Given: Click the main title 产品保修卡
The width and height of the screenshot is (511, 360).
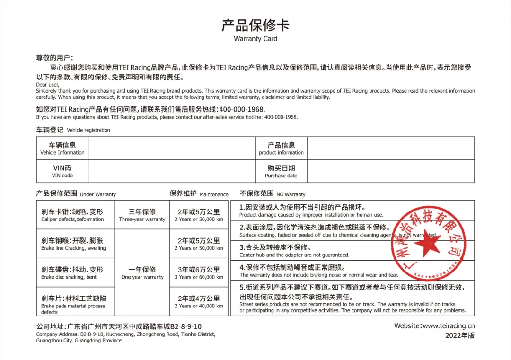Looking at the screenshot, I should pyautogui.click(x=255, y=25).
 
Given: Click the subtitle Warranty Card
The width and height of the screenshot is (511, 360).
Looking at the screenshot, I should pyautogui.click(x=255, y=39).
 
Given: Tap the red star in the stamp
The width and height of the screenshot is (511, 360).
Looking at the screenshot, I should pyautogui.click(x=427, y=244).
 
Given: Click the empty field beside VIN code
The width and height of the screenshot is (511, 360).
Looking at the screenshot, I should pyautogui.click(x=171, y=171).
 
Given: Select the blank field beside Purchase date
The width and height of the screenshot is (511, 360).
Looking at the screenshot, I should pyautogui.click(x=390, y=171).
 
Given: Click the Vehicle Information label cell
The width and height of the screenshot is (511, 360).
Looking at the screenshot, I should pyautogui.click(x=62, y=149).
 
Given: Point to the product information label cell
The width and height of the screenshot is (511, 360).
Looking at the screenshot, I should pyautogui.click(x=281, y=149).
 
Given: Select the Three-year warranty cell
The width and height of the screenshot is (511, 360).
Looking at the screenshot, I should pyautogui.click(x=142, y=215).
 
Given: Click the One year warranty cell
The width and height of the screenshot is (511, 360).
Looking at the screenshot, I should pyautogui.click(x=142, y=272).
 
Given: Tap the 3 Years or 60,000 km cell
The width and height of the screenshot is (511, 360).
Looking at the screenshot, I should pyautogui.click(x=199, y=272).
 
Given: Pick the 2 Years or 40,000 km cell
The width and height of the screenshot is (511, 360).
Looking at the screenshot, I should pyautogui.click(x=199, y=301).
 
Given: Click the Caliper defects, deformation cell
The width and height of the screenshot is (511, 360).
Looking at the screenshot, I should pyautogui.click(x=75, y=215).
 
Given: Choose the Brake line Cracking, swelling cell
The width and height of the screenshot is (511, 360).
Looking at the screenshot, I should pyautogui.click(x=75, y=244).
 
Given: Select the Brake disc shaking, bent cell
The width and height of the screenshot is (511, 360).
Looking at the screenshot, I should pyautogui.click(x=75, y=272).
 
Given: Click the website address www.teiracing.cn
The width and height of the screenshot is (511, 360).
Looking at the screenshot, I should pyautogui.click(x=434, y=325).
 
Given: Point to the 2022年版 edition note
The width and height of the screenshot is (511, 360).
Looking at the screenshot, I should pyautogui.click(x=459, y=335).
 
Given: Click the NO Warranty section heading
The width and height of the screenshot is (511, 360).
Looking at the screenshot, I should pyautogui.click(x=272, y=193).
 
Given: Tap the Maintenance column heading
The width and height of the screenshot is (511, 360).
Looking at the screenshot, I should pyautogui.click(x=199, y=193).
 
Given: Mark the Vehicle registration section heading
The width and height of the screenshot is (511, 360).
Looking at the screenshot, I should pyautogui.click(x=73, y=129).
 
